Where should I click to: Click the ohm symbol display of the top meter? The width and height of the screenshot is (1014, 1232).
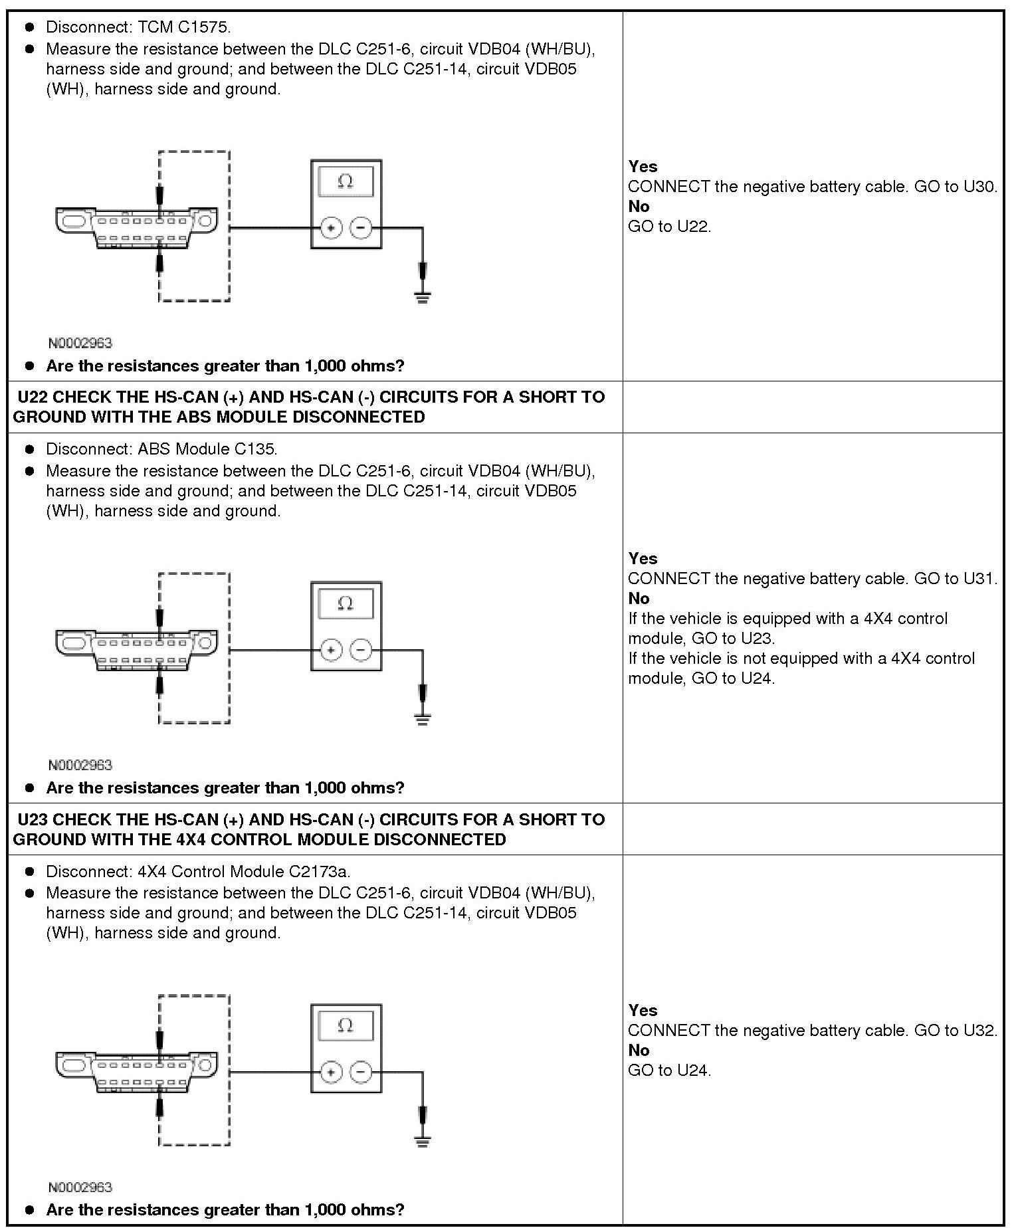[346, 181]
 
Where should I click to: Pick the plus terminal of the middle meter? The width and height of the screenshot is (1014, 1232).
[331, 650]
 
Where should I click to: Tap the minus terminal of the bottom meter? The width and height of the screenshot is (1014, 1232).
[361, 1072]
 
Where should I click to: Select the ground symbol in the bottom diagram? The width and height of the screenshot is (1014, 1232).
[422, 1141]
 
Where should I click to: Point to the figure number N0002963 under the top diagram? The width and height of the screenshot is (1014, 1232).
[80, 343]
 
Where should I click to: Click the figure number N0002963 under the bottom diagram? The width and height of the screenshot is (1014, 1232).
[80, 1187]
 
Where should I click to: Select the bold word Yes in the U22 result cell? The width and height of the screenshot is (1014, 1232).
[643, 559]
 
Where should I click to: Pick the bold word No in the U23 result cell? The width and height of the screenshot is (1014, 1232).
[639, 1051]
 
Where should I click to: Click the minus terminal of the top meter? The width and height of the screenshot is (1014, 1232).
[361, 228]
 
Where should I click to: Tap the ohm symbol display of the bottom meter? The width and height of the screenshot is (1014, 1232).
[346, 1025]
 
